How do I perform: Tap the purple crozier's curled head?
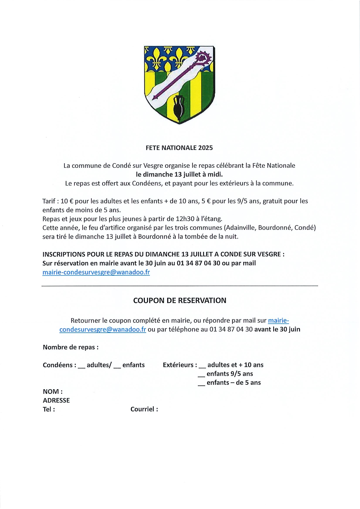203,57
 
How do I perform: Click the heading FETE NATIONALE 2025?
179,148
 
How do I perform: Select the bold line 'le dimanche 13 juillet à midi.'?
179,174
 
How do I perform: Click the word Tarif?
49,201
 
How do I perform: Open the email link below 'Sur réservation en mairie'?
96,272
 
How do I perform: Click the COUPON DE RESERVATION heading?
180,300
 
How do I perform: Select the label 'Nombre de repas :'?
70,347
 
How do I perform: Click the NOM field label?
53,392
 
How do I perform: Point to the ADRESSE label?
56,400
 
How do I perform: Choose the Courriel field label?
144,409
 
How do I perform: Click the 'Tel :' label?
49,410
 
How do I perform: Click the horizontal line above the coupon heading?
180,286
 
